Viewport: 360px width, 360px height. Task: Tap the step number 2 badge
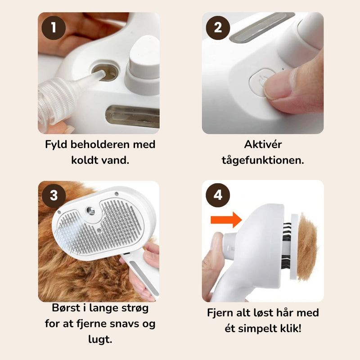tap(218, 28)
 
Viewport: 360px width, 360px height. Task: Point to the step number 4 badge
tap(218, 195)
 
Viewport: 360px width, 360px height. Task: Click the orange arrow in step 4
tap(226, 220)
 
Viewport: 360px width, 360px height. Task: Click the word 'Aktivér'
tap(263, 144)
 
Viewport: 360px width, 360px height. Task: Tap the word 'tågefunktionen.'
tap(263, 160)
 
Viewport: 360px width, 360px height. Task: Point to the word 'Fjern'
tap(221, 313)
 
